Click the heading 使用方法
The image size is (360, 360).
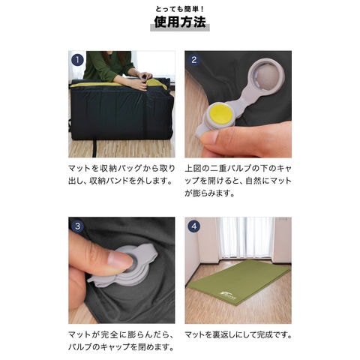pos(180,22)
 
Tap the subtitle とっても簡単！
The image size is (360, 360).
pos(180,9)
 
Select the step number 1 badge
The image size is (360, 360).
pos(77,60)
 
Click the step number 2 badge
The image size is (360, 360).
pos(194,60)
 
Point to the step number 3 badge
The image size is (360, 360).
pos(77,226)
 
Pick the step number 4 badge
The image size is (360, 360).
pos(194,226)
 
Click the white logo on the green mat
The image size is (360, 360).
pos(226,294)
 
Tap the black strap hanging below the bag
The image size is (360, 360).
pos(94,148)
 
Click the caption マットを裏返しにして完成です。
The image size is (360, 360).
pos(238,334)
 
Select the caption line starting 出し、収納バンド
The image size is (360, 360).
pos(121,181)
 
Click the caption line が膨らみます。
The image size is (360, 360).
pos(209,193)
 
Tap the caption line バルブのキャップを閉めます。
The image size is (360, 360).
pos(121,347)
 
